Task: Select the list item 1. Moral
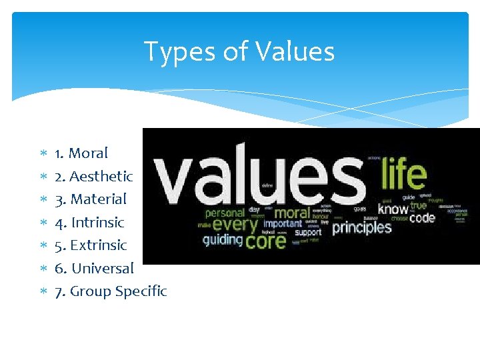[x=81, y=153]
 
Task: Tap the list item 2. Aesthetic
[x=93, y=176]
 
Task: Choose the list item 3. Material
[x=90, y=199]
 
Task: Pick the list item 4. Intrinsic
[x=89, y=222]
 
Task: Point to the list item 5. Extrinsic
[x=90, y=245]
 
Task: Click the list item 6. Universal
[x=94, y=268]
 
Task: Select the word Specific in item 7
[x=141, y=291]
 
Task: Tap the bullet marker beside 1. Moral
[x=42, y=154]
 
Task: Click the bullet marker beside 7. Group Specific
[x=42, y=292]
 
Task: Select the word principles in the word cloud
[x=361, y=227]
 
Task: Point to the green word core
[x=265, y=240]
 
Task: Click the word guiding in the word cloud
[x=223, y=240]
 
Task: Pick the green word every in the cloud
[x=235, y=225]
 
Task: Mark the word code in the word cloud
[x=422, y=217]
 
